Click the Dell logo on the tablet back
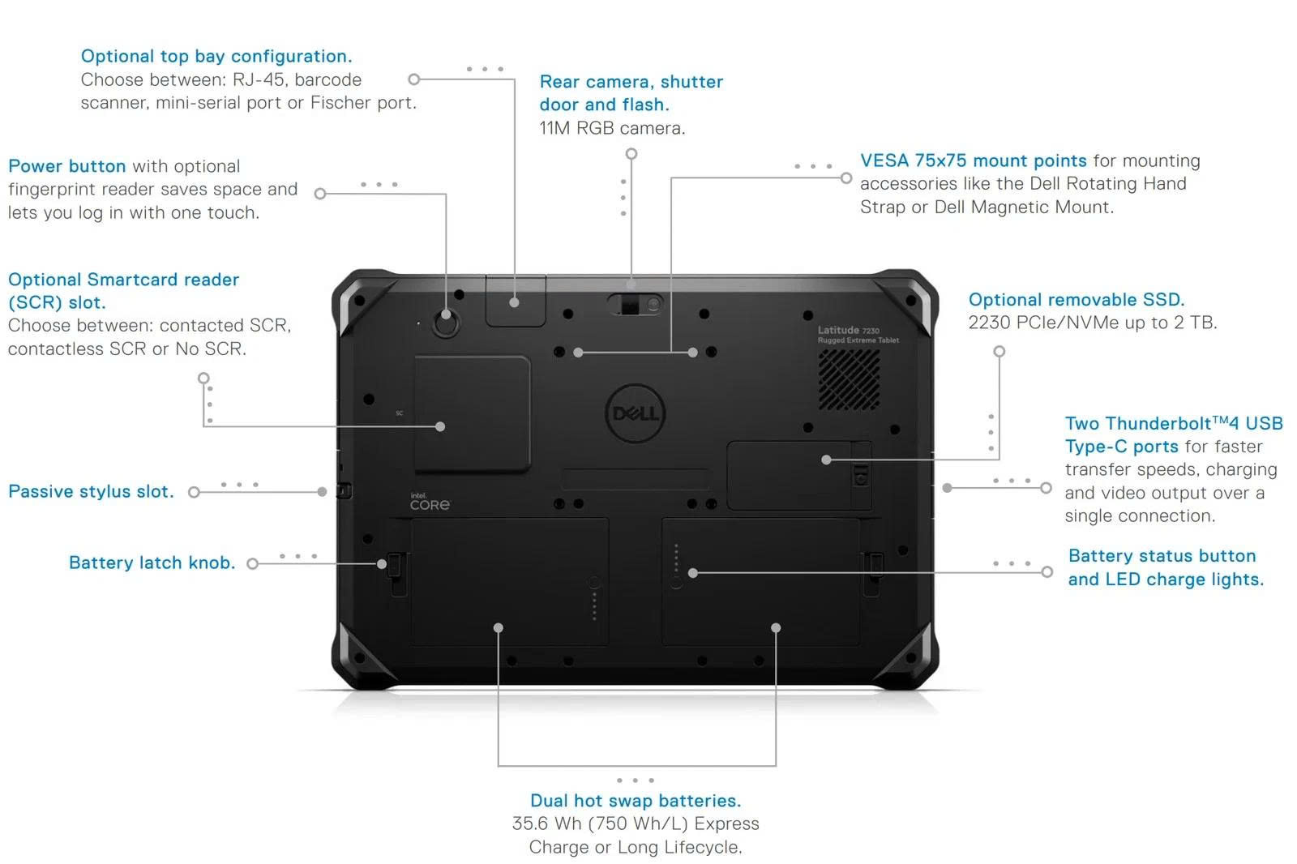click(x=636, y=413)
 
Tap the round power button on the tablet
click(x=445, y=324)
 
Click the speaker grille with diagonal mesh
click(x=849, y=379)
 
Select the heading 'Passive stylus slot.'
click(x=91, y=492)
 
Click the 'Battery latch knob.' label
click(x=152, y=563)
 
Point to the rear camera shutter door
click(x=635, y=304)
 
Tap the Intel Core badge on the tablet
click(x=429, y=503)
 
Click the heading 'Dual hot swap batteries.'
click(x=635, y=801)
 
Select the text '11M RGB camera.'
click(x=612, y=128)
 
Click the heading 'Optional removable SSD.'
click(x=1076, y=300)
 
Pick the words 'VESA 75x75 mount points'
click(x=973, y=160)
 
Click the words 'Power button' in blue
click(x=66, y=166)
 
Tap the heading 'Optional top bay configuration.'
click(x=216, y=57)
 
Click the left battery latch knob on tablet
click(x=395, y=565)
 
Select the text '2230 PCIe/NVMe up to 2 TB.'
click(x=1092, y=323)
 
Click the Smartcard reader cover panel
click(x=472, y=413)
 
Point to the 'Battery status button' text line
click(x=1162, y=556)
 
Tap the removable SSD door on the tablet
click(x=798, y=476)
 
